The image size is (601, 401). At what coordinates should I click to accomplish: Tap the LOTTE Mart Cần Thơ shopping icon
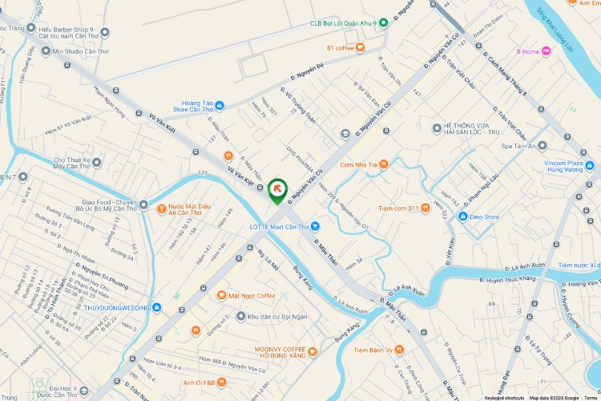click(315, 226)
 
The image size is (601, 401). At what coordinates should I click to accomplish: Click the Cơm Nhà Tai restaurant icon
click(383, 164)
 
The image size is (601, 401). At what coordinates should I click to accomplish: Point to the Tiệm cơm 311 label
click(398, 209)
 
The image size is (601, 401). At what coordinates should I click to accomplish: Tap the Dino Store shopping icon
click(462, 217)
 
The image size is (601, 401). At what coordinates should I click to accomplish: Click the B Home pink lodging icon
click(547, 51)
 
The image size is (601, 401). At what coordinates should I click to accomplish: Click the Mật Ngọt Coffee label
click(252, 296)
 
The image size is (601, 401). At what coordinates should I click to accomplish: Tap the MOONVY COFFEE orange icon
click(313, 350)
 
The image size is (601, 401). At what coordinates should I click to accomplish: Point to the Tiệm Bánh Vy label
click(373, 350)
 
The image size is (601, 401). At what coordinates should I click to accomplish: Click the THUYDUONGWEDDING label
click(116, 307)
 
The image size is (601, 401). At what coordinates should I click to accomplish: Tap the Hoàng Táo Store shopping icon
click(220, 105)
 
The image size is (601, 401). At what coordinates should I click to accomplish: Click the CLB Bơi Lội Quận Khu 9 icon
click(383, 22)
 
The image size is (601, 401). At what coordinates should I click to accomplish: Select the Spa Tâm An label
click(518, 146)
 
